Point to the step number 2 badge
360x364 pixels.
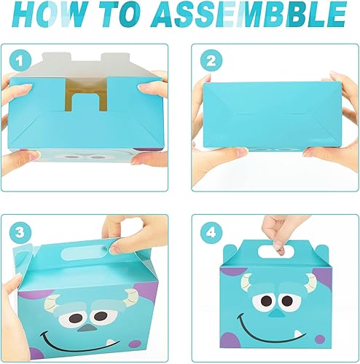[212, 60]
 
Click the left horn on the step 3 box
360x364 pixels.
[54, 294]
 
